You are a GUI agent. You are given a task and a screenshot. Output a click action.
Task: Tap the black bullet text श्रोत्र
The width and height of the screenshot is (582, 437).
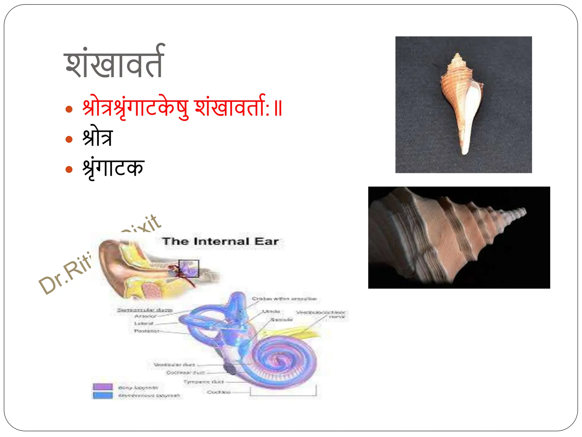click(x=97, y=137)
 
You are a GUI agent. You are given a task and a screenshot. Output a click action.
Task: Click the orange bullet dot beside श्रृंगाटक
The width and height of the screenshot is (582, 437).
click(x=69, y=170)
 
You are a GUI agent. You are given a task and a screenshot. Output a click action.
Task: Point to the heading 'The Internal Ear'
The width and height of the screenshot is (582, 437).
click(x=220, y=241)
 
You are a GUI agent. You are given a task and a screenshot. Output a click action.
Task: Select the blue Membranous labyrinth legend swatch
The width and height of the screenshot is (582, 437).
click(x=103, y=395)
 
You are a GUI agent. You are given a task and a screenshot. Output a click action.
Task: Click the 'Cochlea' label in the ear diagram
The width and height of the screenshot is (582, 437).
click(x=218, y=392)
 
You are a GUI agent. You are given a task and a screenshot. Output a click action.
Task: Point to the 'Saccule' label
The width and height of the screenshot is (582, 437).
click(x=281, y=319)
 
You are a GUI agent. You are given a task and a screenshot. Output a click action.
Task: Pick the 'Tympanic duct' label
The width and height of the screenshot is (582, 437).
click(x=203, y=382)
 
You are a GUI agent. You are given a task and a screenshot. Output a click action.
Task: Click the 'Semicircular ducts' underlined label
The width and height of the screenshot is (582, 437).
click(x=145, y=310)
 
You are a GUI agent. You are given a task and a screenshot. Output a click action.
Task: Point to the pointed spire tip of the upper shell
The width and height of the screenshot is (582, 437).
click(x=457, y=54)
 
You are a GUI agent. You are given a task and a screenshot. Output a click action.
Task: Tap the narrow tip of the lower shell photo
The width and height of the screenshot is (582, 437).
click(x=524, y=211)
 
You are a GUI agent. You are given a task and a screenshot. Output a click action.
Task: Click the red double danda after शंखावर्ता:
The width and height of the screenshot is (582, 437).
click(x=278, y=108)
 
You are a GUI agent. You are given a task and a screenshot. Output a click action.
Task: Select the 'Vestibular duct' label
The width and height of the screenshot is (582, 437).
click(x=174, y=364)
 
